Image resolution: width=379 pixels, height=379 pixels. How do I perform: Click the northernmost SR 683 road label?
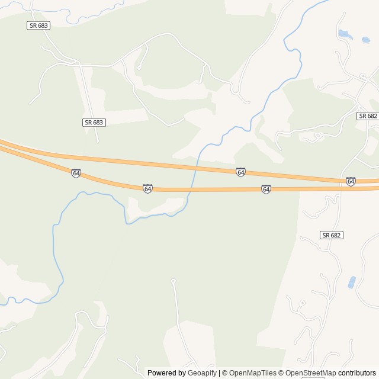pyautogui.click(x=37, y=25)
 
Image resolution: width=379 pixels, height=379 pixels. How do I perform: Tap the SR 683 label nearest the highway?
pyautogui.click(x=94, y=122)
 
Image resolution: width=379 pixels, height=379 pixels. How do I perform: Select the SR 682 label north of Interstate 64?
pyautogui.click(x=367, y=116)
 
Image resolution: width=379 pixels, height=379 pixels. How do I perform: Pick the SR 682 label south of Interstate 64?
pyautogui.click(x=332, y=235)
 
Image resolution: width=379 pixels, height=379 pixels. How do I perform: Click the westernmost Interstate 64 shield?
pyautogui.click(x=76, y=173)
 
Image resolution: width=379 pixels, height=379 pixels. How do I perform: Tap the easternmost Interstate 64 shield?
pyautogui.click(x=351, y=181)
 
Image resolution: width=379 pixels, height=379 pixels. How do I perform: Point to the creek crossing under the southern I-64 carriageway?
pyautogui.click(x=189, y=189)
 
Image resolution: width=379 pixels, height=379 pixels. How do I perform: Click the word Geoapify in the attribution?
pyautogui.click(x=202, y=373)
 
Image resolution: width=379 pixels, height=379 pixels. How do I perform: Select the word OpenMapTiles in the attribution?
pyautogui.click(x=253, y=373)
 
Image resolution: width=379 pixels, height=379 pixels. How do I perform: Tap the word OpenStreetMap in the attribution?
pyautogui.click(x=311, y=373)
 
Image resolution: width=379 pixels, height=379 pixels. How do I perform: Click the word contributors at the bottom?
pyautogui.click(x=357, y=373)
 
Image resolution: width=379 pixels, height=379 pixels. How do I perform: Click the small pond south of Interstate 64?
pyautogui.click(x=352, y=282)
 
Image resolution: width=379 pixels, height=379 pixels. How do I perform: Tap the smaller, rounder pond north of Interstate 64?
pyautogui.click(x=365, y=40)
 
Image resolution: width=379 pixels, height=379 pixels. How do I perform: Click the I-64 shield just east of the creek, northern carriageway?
pyautogui.click(x=240, y=172)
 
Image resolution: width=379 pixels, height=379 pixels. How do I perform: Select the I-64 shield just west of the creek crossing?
pyautogui.click(x=147, y=188)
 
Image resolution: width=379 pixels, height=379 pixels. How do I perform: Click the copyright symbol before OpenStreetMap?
pyautogui.click(x=281, y=373)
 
